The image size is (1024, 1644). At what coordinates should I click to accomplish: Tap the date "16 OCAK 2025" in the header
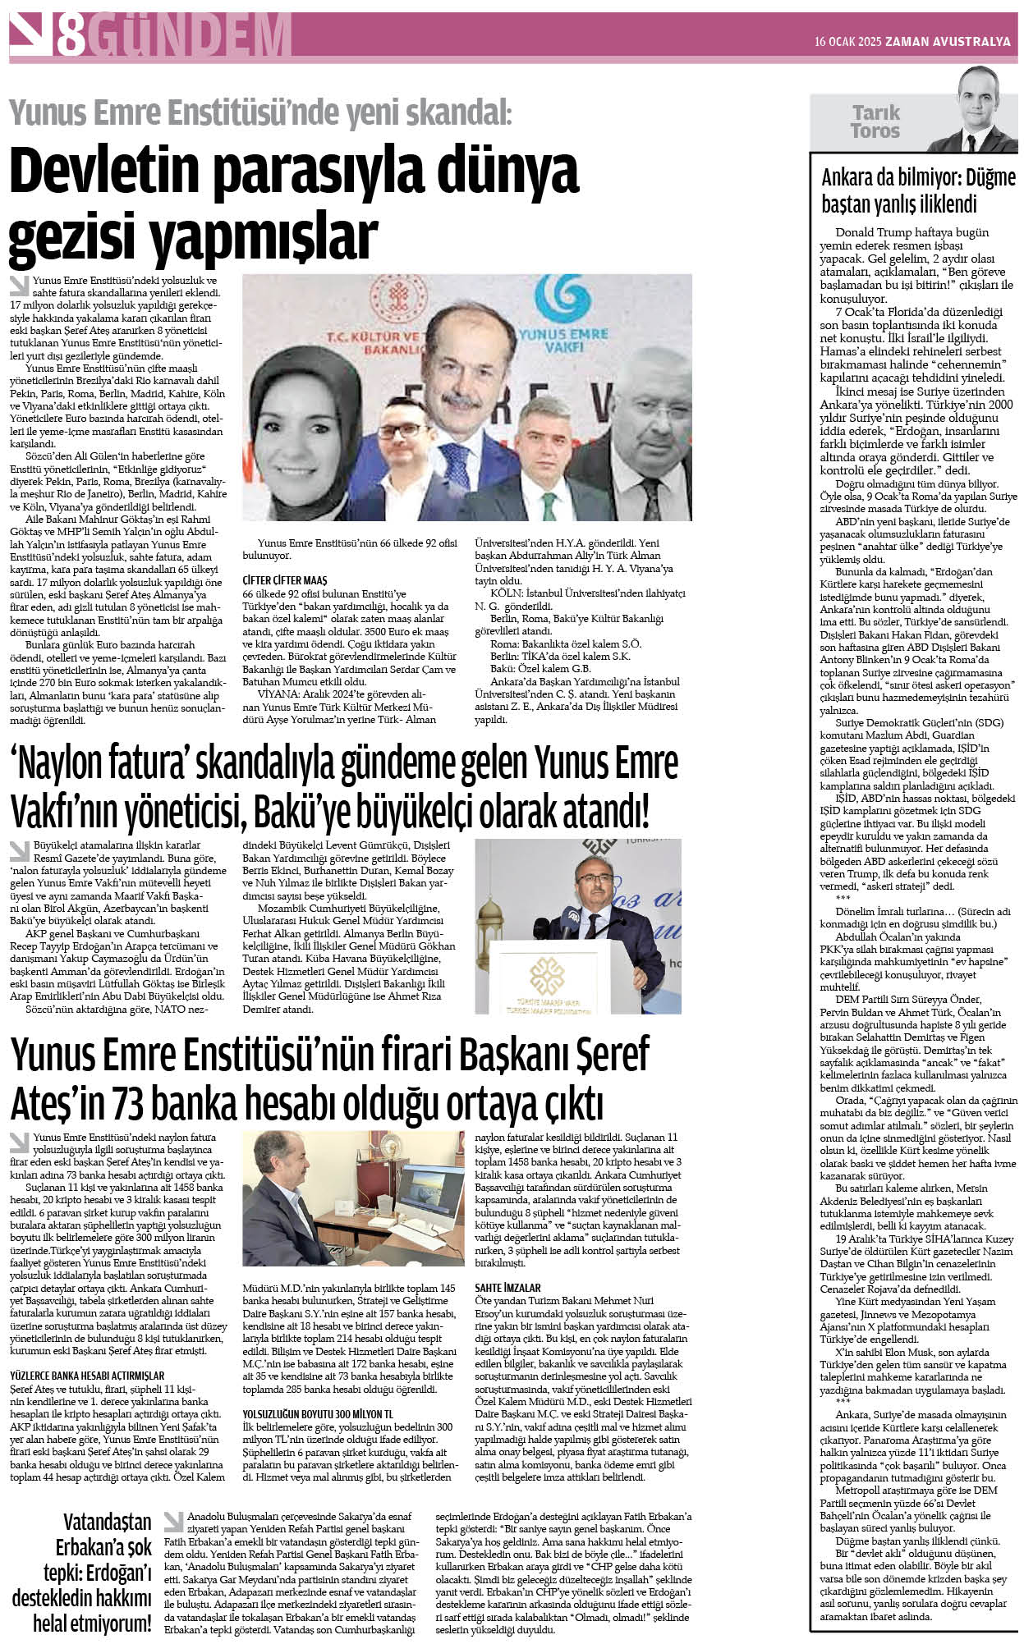[x=847, y=42]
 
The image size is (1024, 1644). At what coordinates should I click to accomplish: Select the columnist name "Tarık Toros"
[x=875, y=121]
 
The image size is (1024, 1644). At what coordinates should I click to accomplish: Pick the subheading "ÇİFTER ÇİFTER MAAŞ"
[x=284, y=580]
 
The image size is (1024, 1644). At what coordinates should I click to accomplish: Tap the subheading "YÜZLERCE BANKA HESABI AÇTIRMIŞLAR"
[x=86, y=1376]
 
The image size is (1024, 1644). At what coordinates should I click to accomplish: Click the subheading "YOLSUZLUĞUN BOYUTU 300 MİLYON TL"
[x=318, y=1414]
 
